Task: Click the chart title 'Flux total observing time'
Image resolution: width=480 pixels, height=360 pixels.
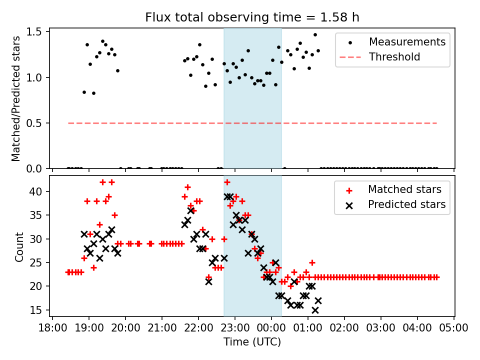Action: (x=252, y=17)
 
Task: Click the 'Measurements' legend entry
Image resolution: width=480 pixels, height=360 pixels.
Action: (x=407, y=42)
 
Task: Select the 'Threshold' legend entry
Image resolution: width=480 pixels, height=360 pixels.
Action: (x=394, y=57)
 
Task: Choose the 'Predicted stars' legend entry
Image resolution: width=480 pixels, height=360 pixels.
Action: (x=406, y=204)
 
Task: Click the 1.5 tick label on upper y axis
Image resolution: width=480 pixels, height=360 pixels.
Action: (x=39, y=32)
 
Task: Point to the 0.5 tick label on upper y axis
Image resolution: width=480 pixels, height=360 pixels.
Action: (x=39, y=123)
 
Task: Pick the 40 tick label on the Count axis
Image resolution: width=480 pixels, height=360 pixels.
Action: (x=40, y=191)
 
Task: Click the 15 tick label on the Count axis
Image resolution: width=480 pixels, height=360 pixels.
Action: (x=40, y=310)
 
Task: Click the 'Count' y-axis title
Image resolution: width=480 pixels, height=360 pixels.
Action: (x=19, y=246)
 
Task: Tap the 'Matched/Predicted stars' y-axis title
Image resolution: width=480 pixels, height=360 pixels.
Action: (x=16, y=98)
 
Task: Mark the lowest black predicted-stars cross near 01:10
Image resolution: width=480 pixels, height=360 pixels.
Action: (x=315, y=310)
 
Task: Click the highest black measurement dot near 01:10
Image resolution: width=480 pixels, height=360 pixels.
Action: (x=315, y=35)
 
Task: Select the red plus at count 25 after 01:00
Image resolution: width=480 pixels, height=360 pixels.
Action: (x=312, y=262)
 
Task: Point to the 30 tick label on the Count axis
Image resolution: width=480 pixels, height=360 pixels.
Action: (x=40, y=239)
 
